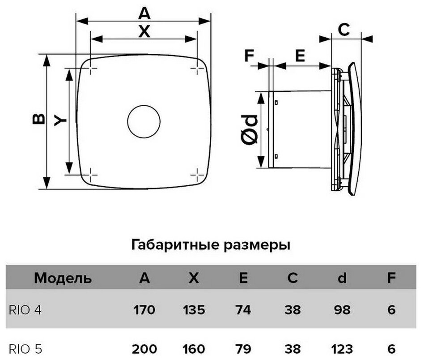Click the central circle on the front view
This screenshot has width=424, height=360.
[x=144, y=122]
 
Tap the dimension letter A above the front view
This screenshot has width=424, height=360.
[x=144, y=14]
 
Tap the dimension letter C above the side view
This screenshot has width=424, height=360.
[x=343, y=30]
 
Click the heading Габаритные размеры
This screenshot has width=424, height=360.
[x=211, y=245]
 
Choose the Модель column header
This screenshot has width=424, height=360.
[x=63, y=279]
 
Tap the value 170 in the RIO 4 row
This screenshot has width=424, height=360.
[x=144, y=309]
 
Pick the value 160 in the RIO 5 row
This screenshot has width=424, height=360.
[x=193, y=349]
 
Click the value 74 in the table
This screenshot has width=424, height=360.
[x=243, y=309]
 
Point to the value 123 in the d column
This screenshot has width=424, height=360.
[x=342, y=349]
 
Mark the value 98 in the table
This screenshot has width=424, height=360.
[x=342, y=309]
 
